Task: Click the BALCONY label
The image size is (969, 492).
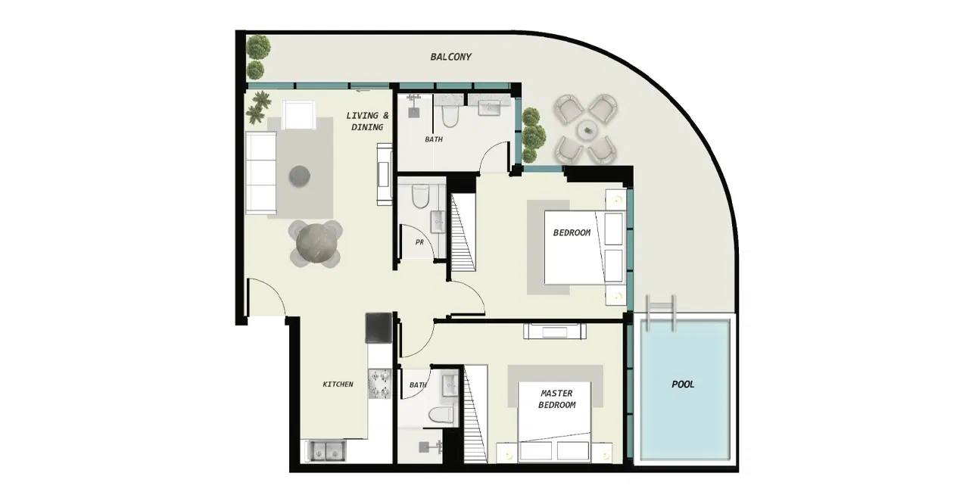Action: [x=450, y=57]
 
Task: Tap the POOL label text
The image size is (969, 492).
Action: [x=683, y=385]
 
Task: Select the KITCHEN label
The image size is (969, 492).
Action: [x=338, y=385]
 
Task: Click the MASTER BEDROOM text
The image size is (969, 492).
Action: [x=556, y=399]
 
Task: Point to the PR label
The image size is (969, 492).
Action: [x=419, y=243]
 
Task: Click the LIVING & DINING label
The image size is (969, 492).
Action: [x=368, y=121]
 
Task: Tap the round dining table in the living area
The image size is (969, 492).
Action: [x=314, y=244]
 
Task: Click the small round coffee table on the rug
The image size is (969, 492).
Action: [x=300, y=176]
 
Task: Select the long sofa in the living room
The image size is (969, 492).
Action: [x=260, y=173]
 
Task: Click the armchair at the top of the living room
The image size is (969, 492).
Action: [x=300, y=115]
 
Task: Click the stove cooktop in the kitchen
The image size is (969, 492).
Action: [x=379, y=384]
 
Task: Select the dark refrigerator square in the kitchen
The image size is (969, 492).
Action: [x=379, y=329]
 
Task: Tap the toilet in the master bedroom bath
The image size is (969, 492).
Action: [x=440, y=414]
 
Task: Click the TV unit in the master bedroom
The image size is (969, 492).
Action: [x=556, y=331]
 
